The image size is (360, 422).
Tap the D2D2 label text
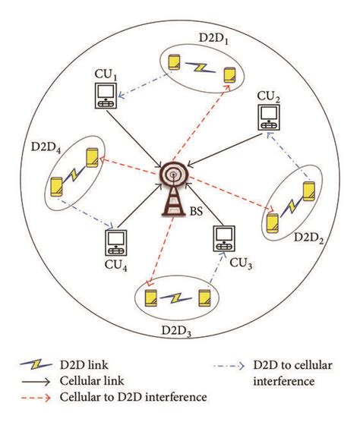[x=313, y=235]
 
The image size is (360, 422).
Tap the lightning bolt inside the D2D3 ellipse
[x=176, y=297]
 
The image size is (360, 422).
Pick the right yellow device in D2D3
[x=203, y=297]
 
